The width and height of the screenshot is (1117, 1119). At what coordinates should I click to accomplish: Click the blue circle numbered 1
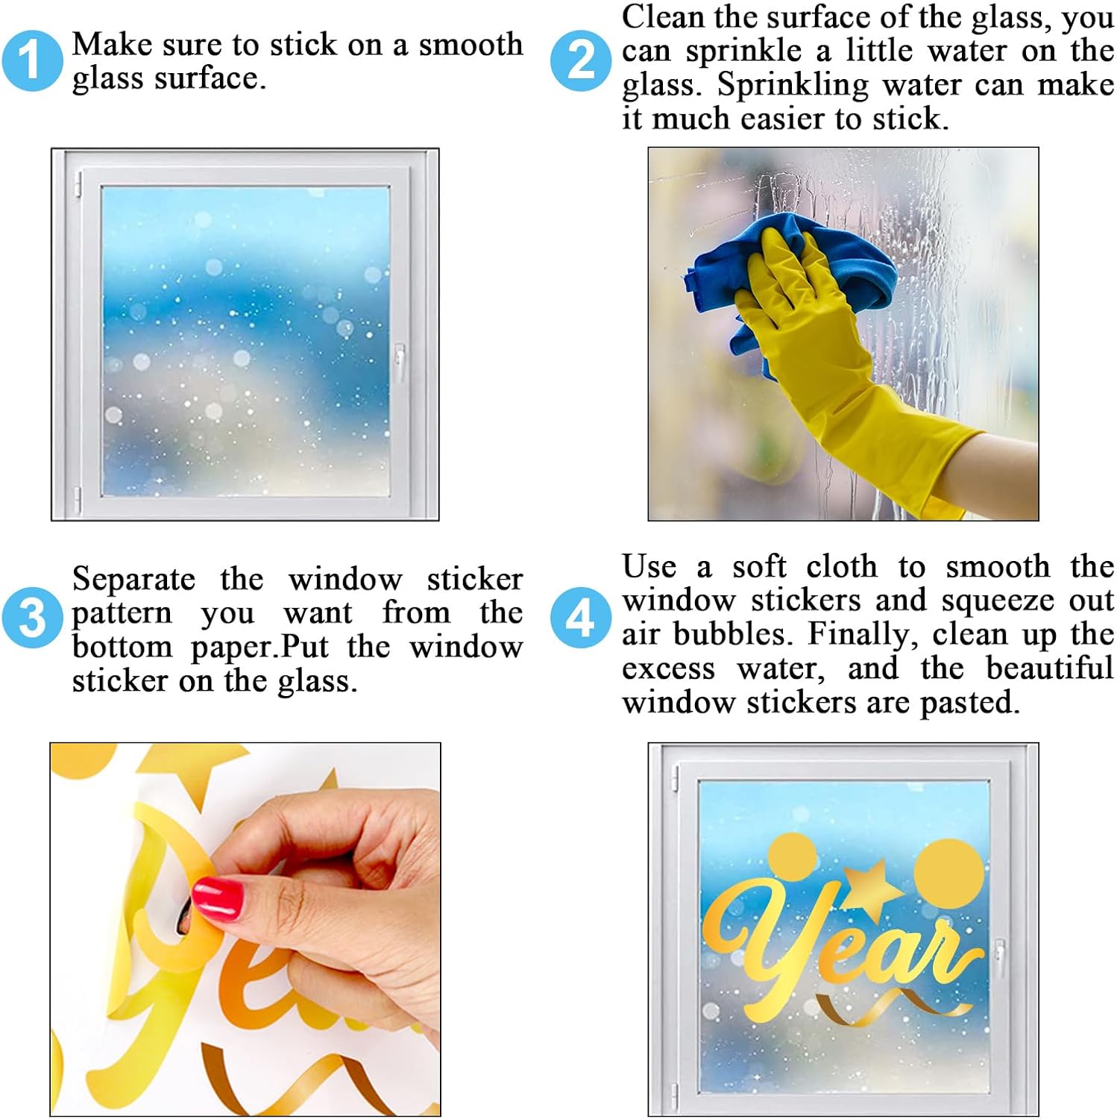point(31,60)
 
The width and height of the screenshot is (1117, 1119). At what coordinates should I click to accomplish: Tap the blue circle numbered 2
point(581,60)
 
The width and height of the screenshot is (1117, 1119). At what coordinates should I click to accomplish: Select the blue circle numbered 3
point(31,618)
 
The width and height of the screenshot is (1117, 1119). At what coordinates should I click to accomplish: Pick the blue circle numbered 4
point(581,618)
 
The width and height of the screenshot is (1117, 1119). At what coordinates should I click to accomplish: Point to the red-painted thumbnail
point(218,897)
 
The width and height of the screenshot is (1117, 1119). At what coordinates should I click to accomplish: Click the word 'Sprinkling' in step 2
point(793,84)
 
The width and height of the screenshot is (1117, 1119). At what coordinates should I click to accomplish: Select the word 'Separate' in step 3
point(134,580)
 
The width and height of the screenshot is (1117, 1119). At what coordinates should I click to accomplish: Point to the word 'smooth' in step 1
point(471,45)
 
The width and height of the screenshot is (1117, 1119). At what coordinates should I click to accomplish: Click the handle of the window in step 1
point(400,363)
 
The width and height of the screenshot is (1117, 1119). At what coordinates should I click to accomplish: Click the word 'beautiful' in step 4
point(1050,668)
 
